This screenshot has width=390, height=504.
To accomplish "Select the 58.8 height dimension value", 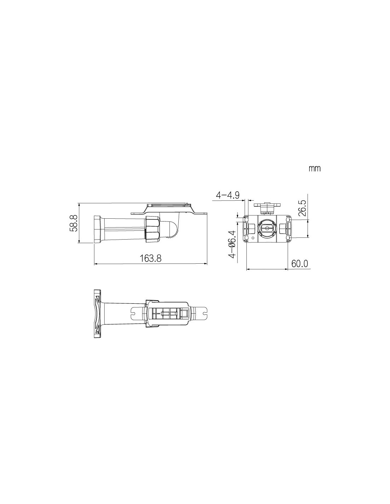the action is point(73,223).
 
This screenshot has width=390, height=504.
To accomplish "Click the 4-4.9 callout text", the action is point(228,195).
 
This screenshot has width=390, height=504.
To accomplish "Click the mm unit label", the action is point(314,168).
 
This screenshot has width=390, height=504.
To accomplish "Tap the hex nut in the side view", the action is point(152,229).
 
